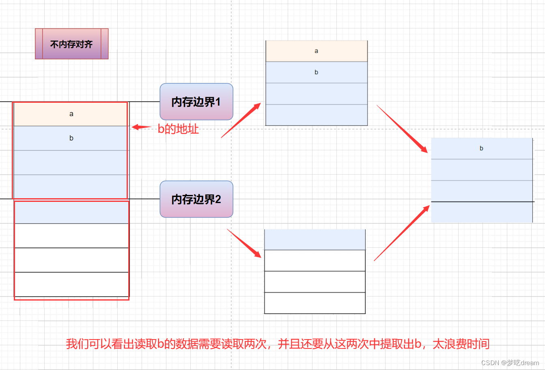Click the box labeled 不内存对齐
[x=71, y=44]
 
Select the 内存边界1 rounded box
[x=196, y=102]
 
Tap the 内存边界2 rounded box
[x=196, y=199]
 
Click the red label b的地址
[x=178, y=129]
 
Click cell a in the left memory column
[x=71, y=114]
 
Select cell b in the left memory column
[x=71, y=138]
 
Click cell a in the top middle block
[x=316, y=51]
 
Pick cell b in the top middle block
[x=316, y=72]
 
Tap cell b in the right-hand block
[x=481, y=148]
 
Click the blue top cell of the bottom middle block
[x=315, y=240]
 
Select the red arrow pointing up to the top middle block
[x=241, y=120]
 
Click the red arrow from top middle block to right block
[x=402, y=129]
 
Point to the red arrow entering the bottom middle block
[x=244, y=243]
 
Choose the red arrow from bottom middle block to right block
[x=401, y=233]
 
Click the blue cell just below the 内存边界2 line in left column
[x=71, y=212]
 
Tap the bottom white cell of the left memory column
[x=71, y=284]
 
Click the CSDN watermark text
[x=510, y=363]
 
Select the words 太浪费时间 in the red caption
[x=461, y=344]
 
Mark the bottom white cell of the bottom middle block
[x=315, y=303]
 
